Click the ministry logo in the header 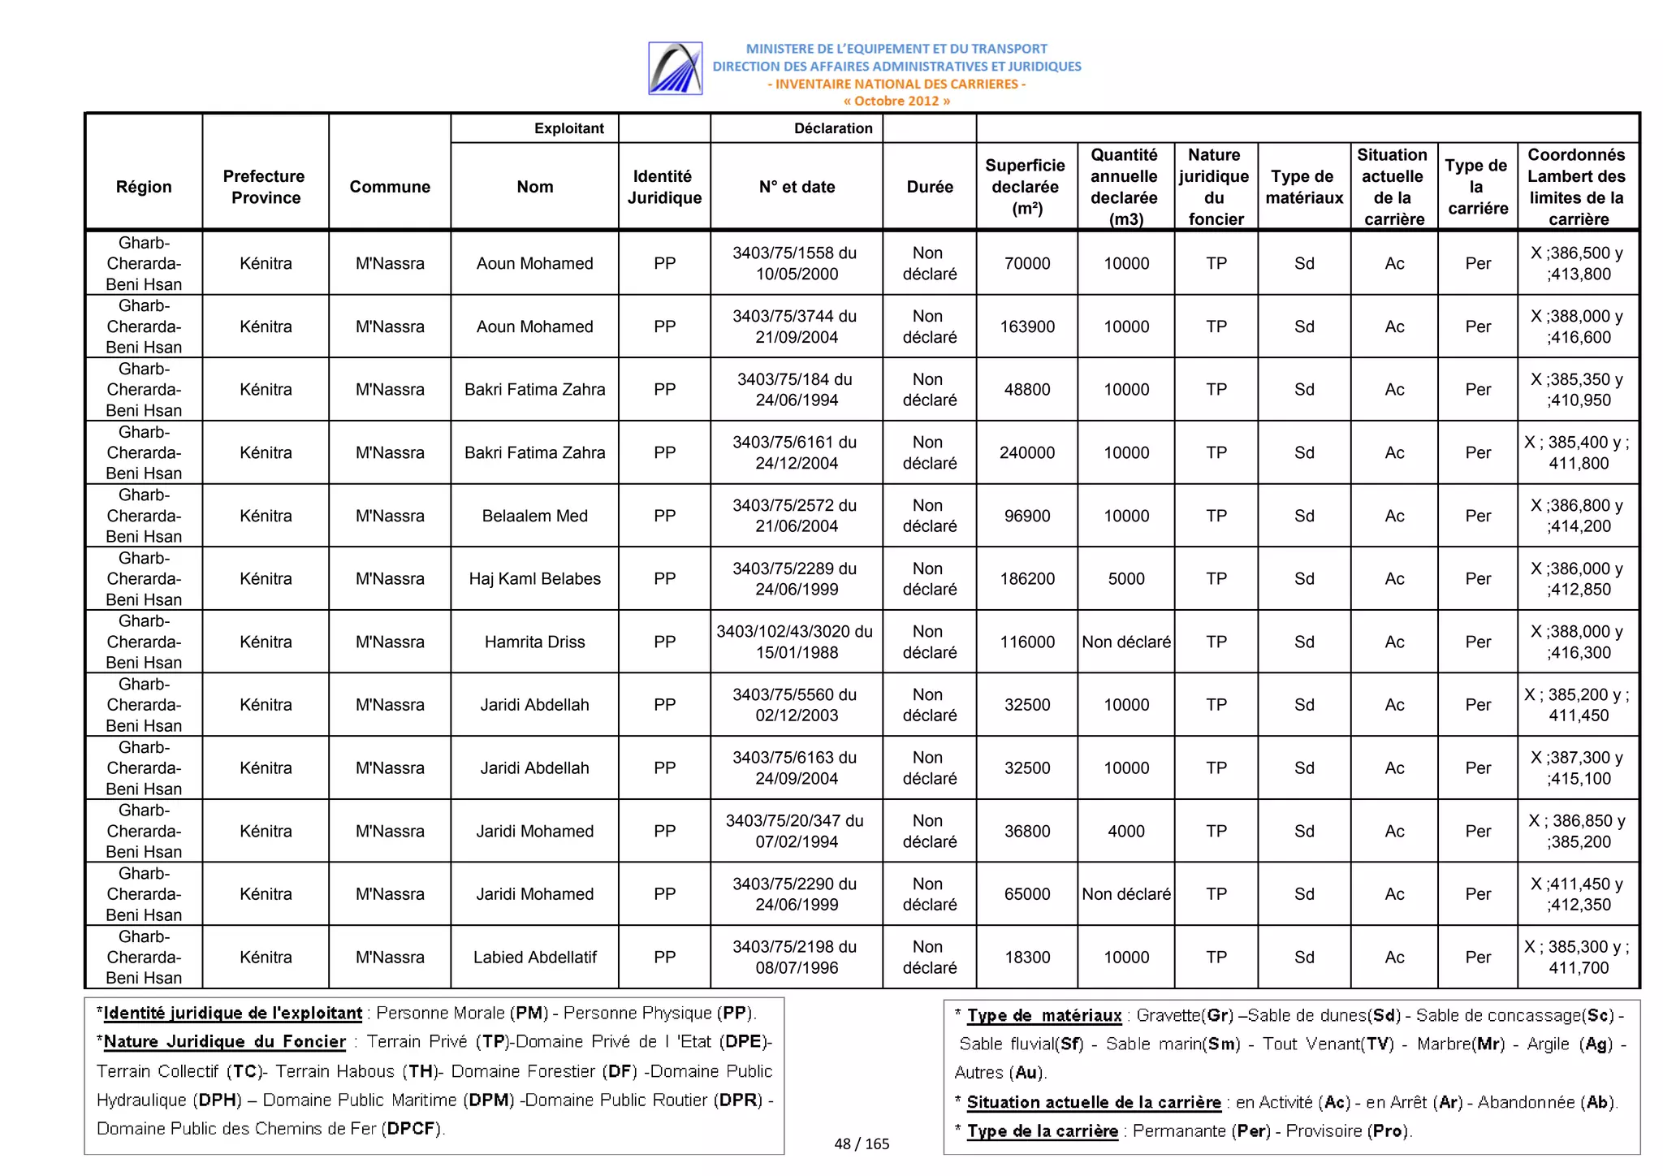[675, 68]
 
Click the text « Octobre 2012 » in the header [896, 101]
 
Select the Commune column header [390, 187]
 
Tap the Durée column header [929, 187]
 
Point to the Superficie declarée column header [1026, 187]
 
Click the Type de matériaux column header [1303, 187]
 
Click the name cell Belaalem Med [534, 516]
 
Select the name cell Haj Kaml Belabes [534, 579]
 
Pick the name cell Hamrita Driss [534, 642]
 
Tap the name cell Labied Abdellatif [534, 957]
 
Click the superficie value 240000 [1026, 452]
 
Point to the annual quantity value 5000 [1125, 579]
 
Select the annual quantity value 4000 [1125, 831]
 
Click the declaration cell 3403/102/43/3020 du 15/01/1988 [795, 642]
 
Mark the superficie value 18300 [1026, 957]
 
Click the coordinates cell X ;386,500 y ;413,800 [1577, 263]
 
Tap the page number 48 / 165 [862, 1144]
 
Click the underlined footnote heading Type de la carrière [1042, 1131]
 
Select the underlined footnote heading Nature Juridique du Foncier [224, 1041]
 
